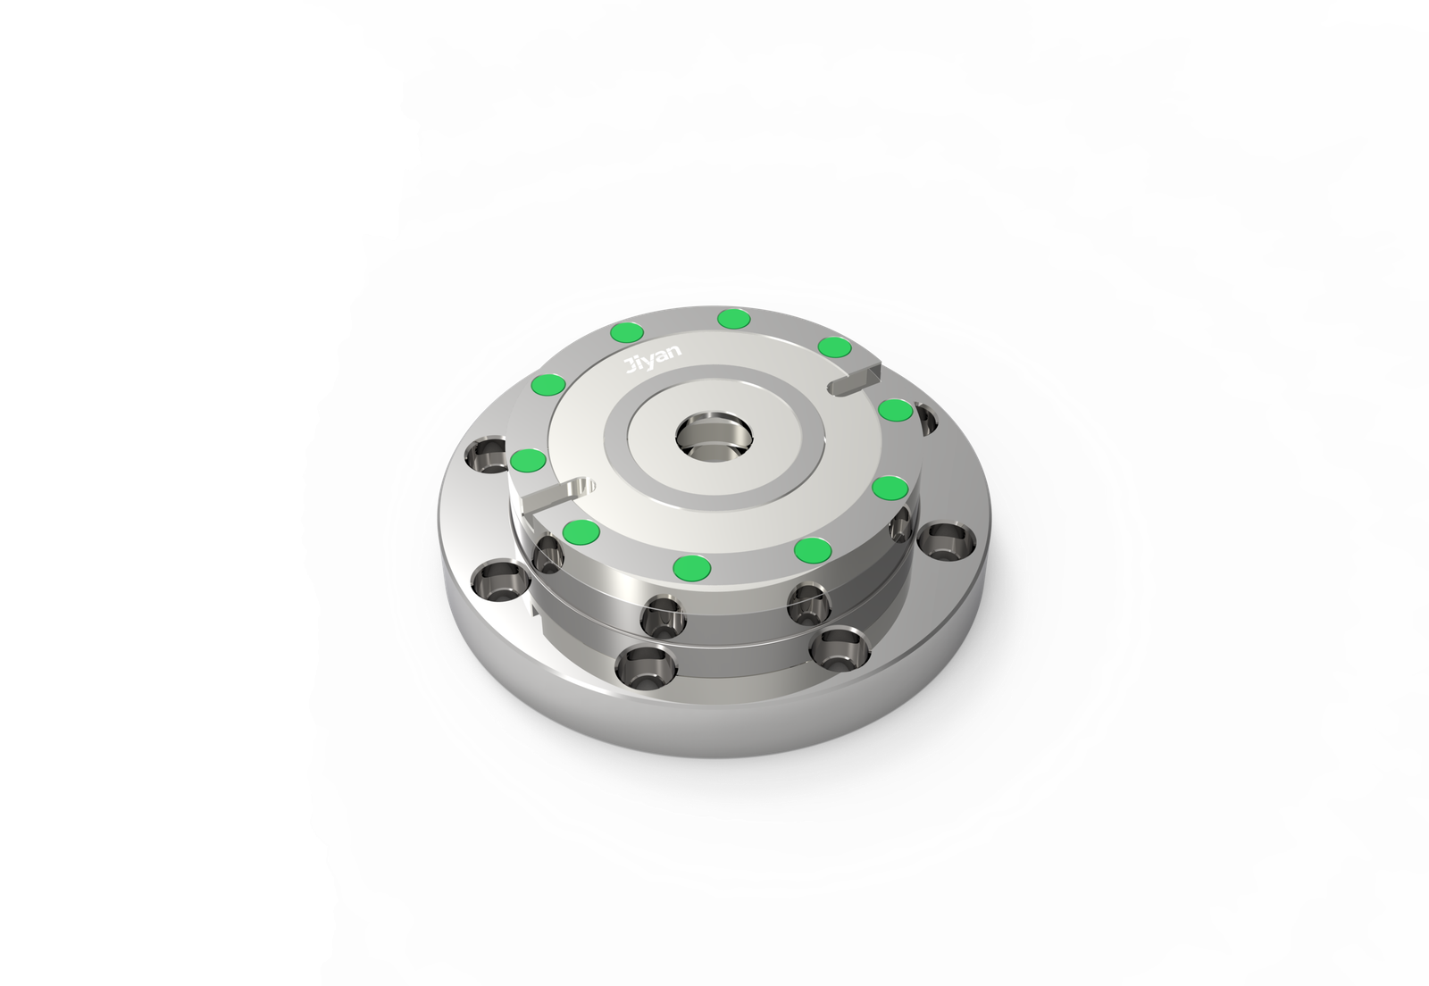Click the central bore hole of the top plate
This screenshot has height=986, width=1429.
(714, 438)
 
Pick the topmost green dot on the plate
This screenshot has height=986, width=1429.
(733, 318)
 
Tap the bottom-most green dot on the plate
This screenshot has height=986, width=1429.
(692, 565)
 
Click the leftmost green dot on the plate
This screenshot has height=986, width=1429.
(529, 460)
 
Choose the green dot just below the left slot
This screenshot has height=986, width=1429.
(581, 531)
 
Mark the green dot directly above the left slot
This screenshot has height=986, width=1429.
(529, 460)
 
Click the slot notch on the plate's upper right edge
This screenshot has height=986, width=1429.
(857, 379)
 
